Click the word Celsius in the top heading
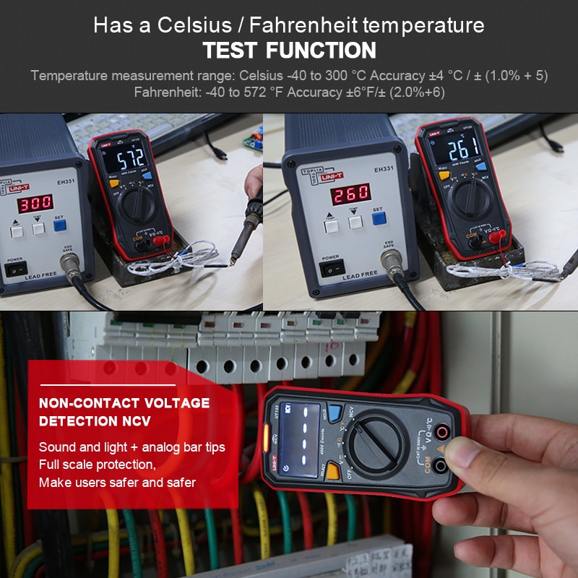coord(187,25)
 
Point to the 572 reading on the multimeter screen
coord(127,158)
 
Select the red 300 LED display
coord(35,204)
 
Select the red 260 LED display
coord(351,193)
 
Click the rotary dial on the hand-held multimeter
coord(376,444)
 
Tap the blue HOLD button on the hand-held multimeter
coord(334,413)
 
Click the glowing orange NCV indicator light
coord(267,434)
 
